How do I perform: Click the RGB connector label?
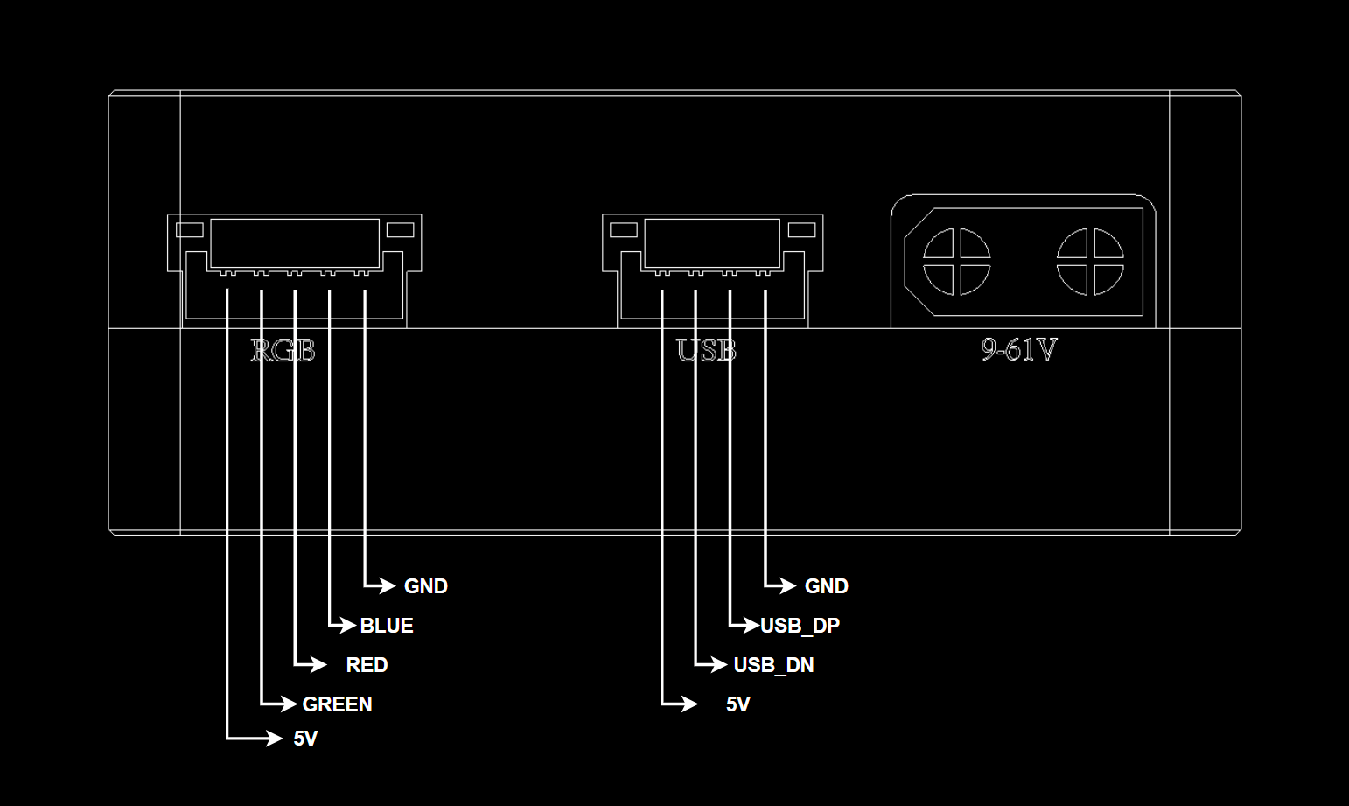click(283, 350)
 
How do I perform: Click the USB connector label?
click(706, 350)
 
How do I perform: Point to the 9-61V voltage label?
click(1019, 349)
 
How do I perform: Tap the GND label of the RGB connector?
click(426, 586)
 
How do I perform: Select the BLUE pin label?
click(387, 626)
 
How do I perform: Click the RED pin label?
click(367, 665)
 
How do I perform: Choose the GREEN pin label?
click(338, 704)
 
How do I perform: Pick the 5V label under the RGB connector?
click(305, 739)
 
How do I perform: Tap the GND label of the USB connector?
click(826, 586)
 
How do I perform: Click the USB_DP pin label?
click(800, 626)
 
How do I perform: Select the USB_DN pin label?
click(774, 665)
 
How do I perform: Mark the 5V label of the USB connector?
click(738, 704)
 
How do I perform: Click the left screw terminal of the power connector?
click(957, 262)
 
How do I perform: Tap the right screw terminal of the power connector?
click(1090, 262)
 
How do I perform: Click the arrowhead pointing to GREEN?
click(289, 704)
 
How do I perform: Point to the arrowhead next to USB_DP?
click(751, 625)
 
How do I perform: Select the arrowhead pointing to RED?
click(318, 664)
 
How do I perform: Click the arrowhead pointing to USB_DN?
click(719, 664)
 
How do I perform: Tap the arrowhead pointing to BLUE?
click(348, 625)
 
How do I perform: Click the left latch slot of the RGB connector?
click(190, 230)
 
